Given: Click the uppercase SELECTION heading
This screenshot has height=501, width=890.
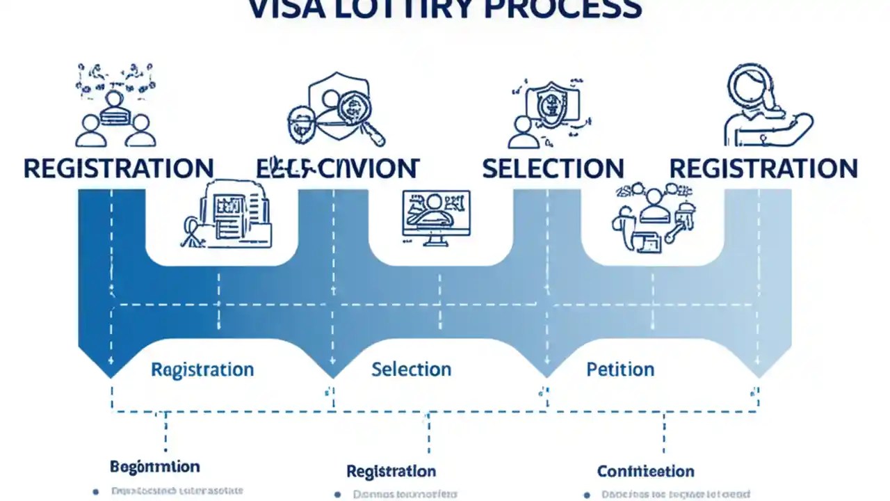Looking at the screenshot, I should coord(553,169).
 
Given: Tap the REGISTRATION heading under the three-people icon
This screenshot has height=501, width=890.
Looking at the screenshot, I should coord(118,169).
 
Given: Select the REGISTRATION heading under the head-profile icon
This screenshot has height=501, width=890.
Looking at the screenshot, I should coord(763,169).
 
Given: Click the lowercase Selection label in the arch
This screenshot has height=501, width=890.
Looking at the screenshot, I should coord(411,369).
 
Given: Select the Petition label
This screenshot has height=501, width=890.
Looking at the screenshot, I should coord(620,369).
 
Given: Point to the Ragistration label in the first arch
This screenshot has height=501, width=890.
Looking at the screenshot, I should coord(202,369).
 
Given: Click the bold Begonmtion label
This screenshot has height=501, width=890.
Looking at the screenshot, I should coord(154,466).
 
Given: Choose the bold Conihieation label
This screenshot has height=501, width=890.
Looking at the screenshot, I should coord(645,471).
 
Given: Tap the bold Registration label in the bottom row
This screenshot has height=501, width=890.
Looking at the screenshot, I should coord(391,471).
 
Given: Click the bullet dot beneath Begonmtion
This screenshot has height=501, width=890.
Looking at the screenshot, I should coord(96,492).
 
